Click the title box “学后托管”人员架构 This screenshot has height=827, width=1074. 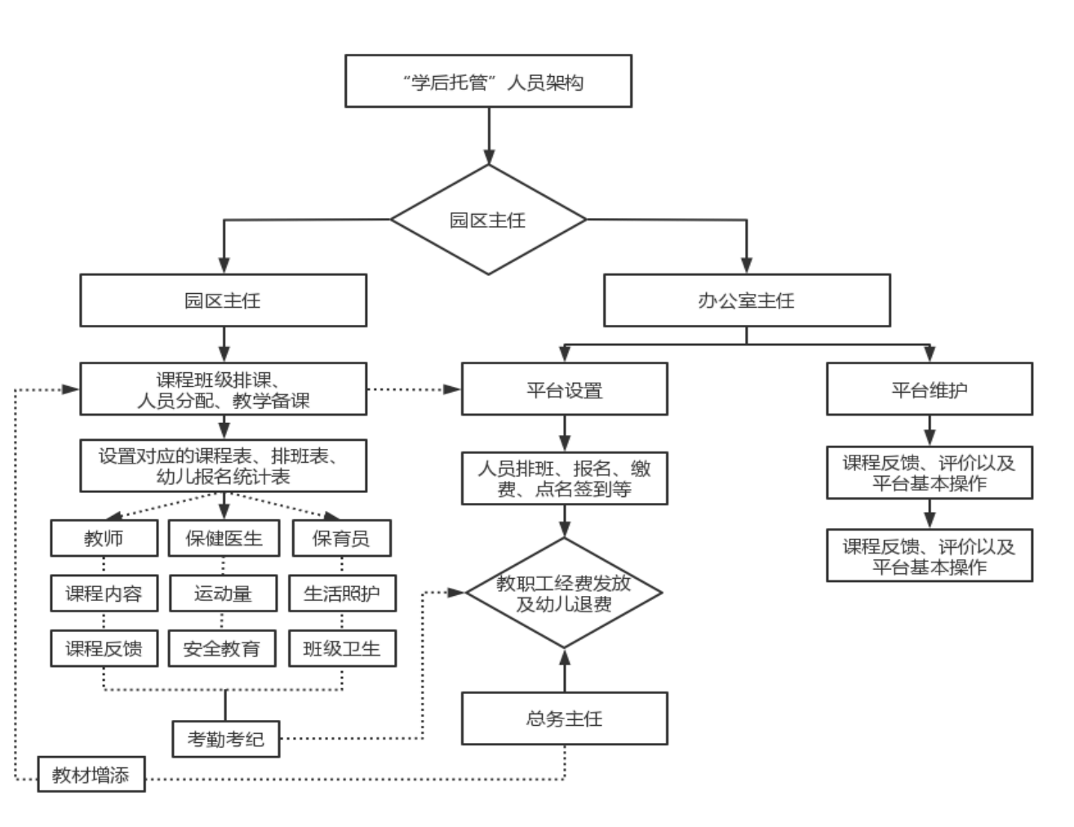click(488, 81)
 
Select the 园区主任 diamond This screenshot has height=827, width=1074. click(488, 220)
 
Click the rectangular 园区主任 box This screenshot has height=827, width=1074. click(224, 300)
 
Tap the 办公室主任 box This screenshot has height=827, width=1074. click(747, 300)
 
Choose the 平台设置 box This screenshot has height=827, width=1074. click(565, 389)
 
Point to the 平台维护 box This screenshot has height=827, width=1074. click(930, 389)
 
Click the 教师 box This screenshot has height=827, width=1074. click(104, 538)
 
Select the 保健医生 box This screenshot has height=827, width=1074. click(224, 538)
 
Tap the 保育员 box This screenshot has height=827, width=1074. click(341, 538)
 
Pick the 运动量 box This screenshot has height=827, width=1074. click(224, 594)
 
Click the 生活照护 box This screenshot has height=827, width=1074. click(343, 594)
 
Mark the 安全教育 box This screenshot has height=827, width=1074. click(222, 648)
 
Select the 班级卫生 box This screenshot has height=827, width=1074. click(343, 648)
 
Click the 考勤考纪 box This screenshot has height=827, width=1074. click(226, 739)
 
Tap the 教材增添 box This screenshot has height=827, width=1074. click(91, 774)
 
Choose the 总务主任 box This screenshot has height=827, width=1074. click(565, 718)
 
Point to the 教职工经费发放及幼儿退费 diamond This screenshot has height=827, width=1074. click(564, 593)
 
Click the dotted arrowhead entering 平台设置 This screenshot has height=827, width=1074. click(452, 389)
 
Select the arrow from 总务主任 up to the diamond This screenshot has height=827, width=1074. click(565, 670)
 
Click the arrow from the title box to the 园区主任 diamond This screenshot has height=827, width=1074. click(489, 136)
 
